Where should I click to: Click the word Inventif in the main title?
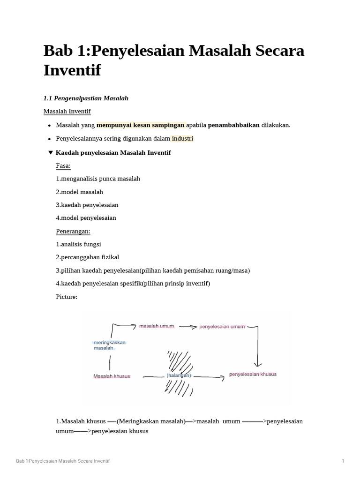pyautogui.click(x=72, y=71)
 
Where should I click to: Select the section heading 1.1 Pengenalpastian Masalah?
pyautogui.click(x=86, y=98)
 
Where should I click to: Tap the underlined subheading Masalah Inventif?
pyautogui.click(x=67, y=112)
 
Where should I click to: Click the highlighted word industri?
pyautogui.click(x=182, y=139)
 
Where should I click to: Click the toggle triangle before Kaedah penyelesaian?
pyautogui.click(x=51, y=153)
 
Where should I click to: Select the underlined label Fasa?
pyautogui.click(x=63, y=166)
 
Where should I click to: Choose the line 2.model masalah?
pyautogui.click(x=79, y=192)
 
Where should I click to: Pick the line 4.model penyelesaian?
pyautogui.click(x=86, y=218)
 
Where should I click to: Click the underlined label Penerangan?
pyautogui.click(x=73, y=232)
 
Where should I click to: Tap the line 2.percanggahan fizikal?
pyautogui.click(x=88, y=257)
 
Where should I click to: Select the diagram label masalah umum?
pyautogui.click(x=157, y=326)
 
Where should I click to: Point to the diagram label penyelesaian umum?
pyautogui.click(x=222, y=327)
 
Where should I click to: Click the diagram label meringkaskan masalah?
pyautogui.click(x=110, y=345)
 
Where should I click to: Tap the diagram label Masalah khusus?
pyautogui.click(x=112, y=376)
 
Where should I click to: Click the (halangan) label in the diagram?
pyautogui.click(x=179, y=375)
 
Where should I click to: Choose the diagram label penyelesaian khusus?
pyautogui.click(x=253, y=375)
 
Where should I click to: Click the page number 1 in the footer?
pyautogui.click(x=343, y=461)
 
